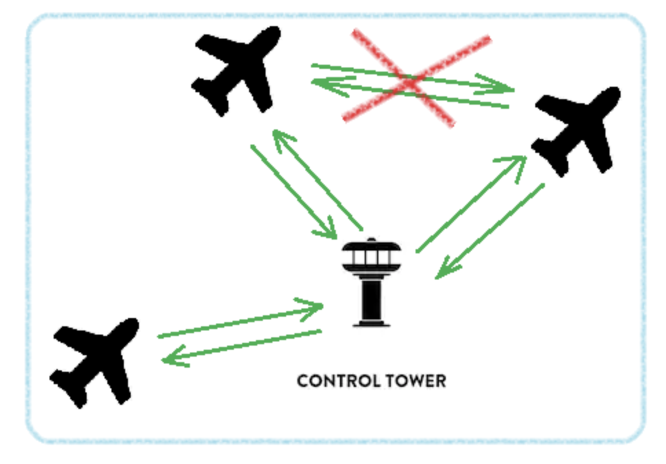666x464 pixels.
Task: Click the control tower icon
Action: pyautogui.click(x=372, y=282)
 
